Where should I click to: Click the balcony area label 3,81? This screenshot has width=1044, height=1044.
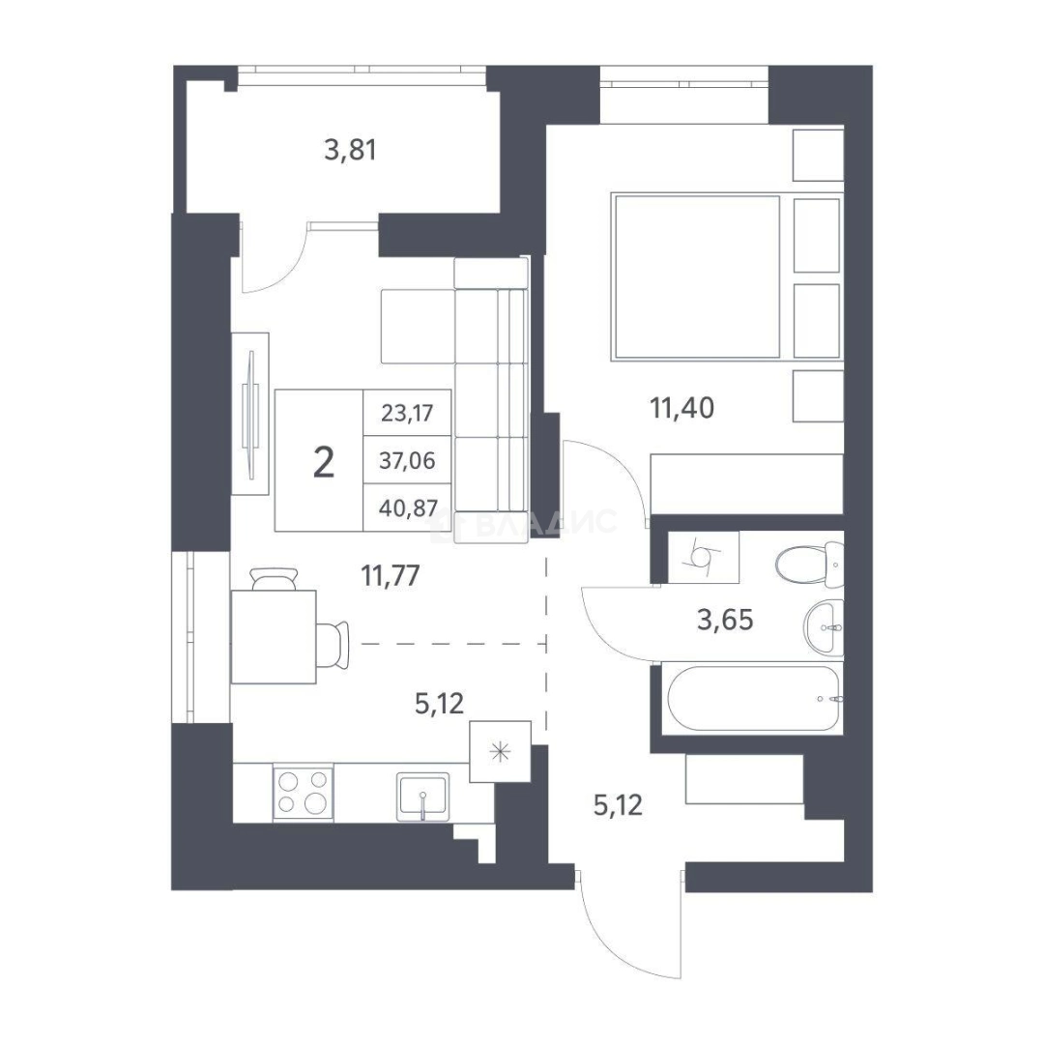tap(350, 150)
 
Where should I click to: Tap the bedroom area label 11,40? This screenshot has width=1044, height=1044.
tap(681, 408)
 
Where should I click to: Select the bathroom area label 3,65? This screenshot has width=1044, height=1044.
tap(725, 620)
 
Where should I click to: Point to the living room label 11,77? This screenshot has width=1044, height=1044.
tap(391, 575)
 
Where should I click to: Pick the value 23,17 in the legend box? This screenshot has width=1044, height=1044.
tap(407, 413)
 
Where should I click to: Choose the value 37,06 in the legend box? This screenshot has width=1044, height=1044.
tap(407, 460)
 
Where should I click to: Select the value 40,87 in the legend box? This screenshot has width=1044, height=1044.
tap(408, 508)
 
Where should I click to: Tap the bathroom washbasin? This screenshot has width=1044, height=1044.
tap(824, 627)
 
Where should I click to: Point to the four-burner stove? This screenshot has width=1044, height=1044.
tap(303, 793)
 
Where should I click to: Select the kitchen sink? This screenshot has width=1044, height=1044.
tap(422, 797)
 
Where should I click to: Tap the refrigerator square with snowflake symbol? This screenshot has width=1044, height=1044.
tap(500, 752)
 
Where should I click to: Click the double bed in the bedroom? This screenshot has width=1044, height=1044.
tap(696, 276)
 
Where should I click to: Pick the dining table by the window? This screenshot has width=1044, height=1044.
tap(273, 636)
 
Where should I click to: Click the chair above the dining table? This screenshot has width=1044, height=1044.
tap(273, 579)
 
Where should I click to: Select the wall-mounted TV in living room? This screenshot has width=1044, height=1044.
tap(250, 414)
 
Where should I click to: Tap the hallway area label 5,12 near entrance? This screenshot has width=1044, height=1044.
tap(617, 805)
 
